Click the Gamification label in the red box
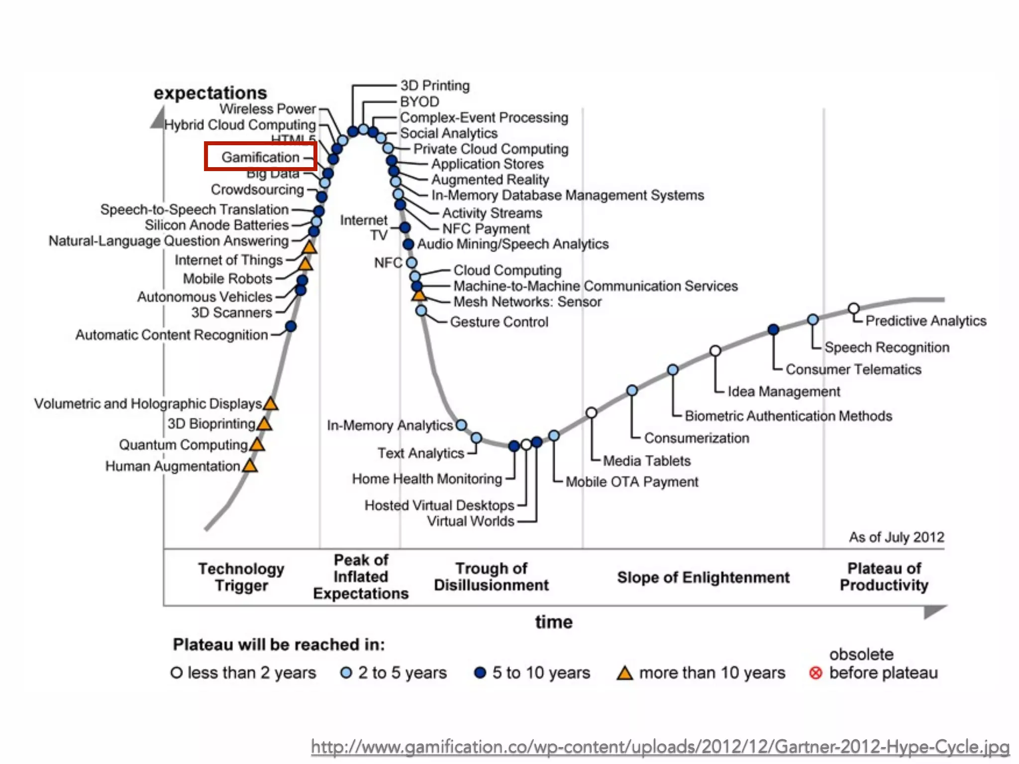pos(260,157)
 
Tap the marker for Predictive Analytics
pos(854,309)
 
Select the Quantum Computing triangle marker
pos(257,445)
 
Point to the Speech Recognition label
pos(887,347)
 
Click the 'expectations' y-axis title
pos(210,93)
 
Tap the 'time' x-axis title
pos(554,622)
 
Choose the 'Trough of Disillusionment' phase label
pos(491,577)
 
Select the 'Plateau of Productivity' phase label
pos(884,577)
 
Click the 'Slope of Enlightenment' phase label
pos(703,577)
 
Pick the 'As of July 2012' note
pos(896,537)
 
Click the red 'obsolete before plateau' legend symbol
pos(815,673)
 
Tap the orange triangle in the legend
pos(624,673)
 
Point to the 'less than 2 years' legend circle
pos(176,673)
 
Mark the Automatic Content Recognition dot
pos(291,326)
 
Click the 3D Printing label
pos(435,86)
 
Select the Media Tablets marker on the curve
pos(591,413)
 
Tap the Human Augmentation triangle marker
pos(250,466)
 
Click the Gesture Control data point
pos(421,311)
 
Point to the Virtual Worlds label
pos(470,521)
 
